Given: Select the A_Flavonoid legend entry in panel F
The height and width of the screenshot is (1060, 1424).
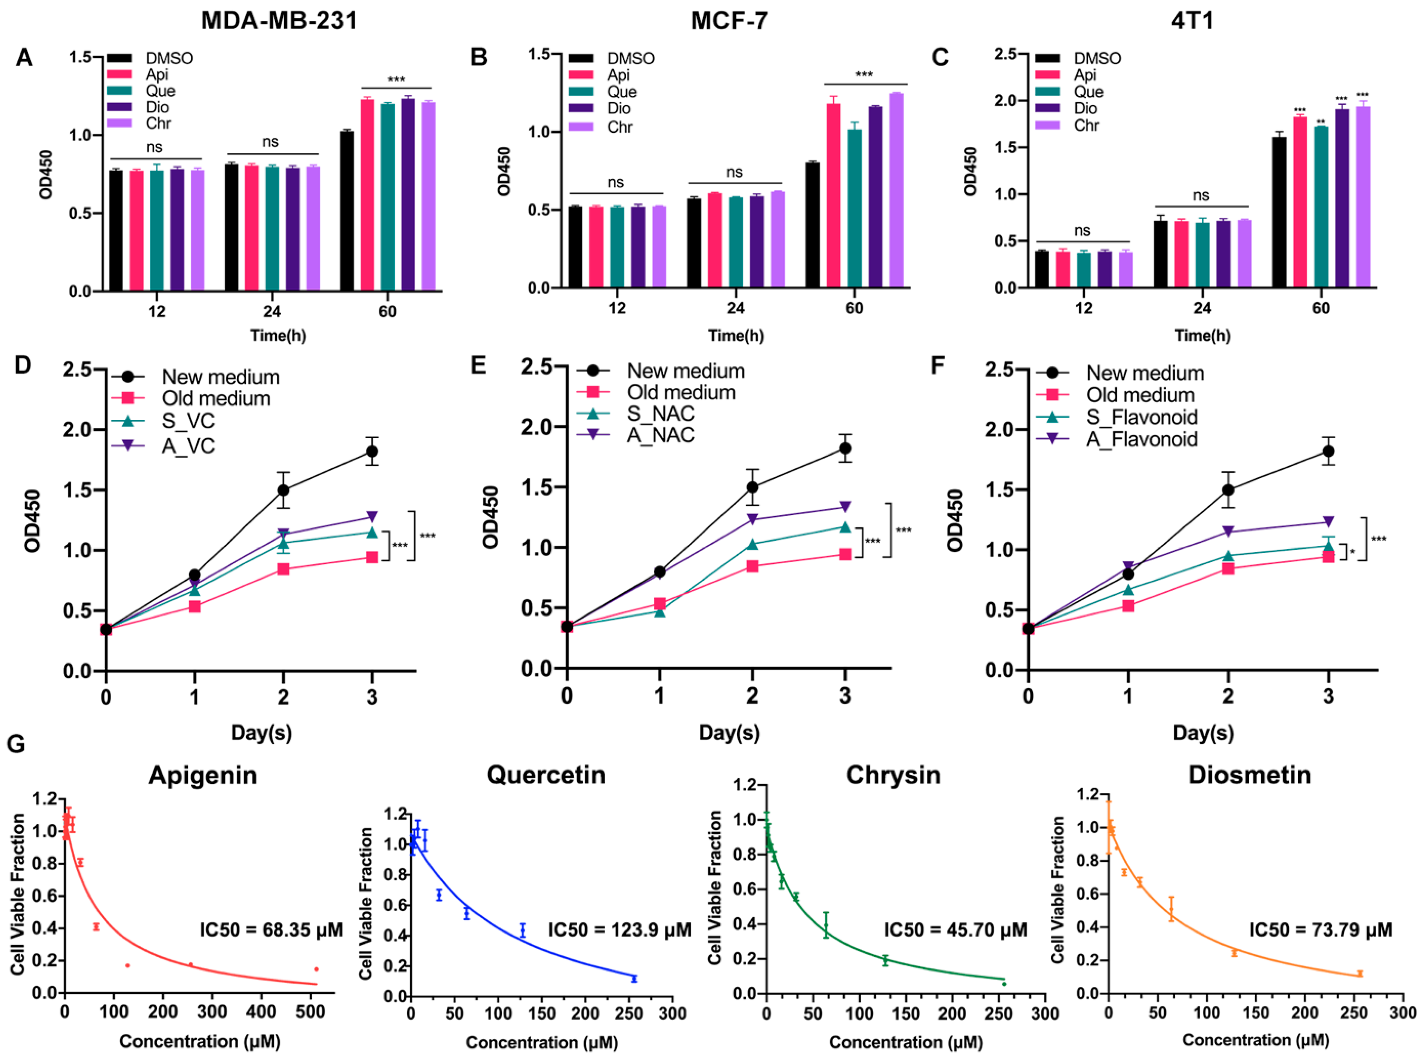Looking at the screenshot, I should coord(1141,440).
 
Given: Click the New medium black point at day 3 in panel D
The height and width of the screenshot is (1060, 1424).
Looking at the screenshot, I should coord(372,451).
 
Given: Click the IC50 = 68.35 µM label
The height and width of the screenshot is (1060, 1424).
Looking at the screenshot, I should coord(271,930).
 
